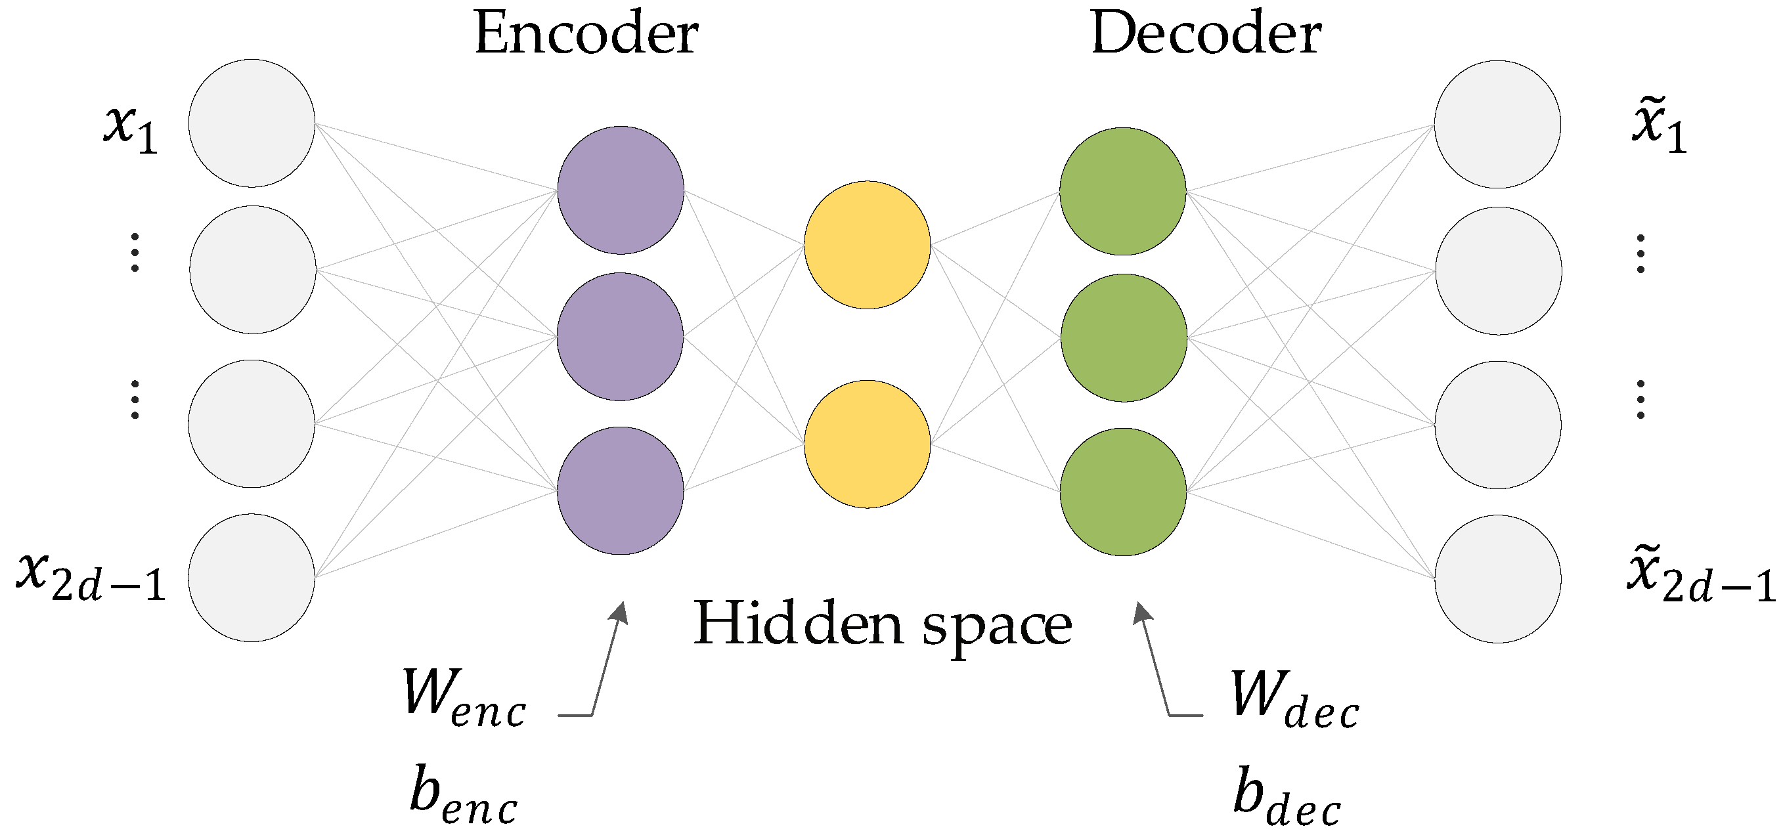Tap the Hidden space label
883,624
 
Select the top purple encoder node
621,190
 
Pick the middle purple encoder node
620,337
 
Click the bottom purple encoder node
620,490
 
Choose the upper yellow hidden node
868,245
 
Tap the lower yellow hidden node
868,444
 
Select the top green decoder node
1123,192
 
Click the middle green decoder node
1124,337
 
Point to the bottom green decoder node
1123,492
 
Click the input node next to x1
252,123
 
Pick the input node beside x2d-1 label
252,578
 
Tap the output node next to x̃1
1497,125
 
